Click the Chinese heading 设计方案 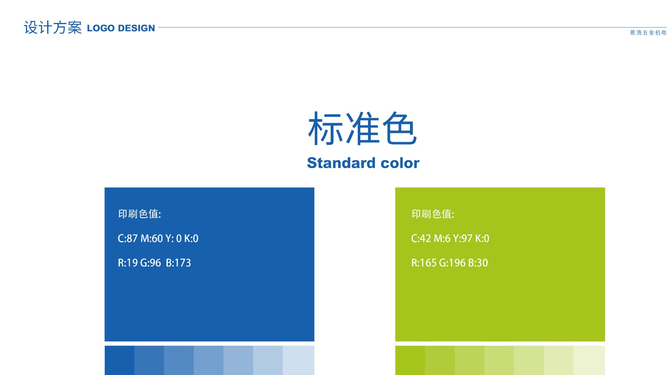53,28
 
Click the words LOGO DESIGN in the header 121,28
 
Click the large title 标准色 362,128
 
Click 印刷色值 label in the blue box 139,214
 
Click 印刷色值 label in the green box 433,214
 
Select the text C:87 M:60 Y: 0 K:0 158,238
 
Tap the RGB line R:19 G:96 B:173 154,263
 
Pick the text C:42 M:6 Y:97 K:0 450,238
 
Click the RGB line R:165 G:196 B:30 450,263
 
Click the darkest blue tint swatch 119,360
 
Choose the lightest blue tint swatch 299,360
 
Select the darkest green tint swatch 410,360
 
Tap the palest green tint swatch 589,360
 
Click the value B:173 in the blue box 178,263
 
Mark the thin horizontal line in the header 413,28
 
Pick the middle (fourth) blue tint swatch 208,360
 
